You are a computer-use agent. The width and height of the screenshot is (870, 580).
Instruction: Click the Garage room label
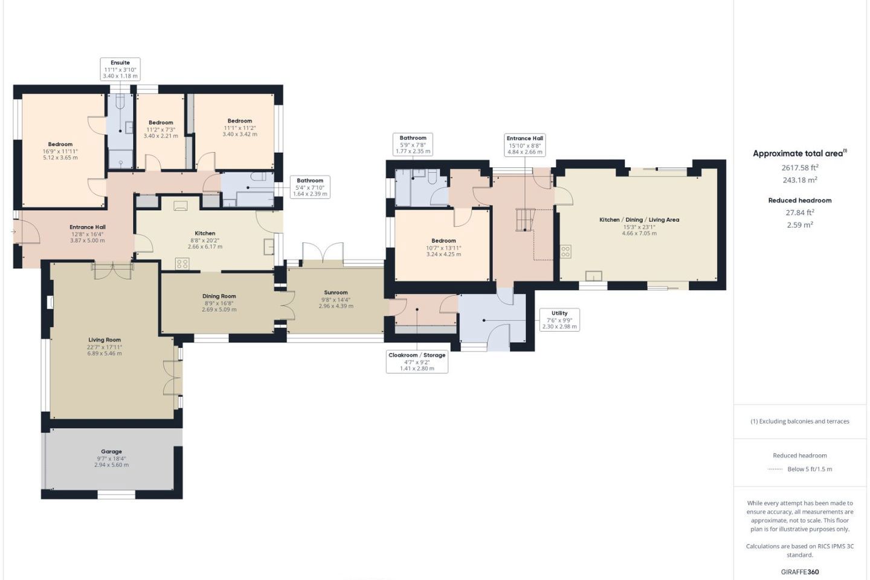click(x=111, y=451)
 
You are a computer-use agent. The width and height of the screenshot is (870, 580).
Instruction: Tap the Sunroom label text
click(x=336, y=292)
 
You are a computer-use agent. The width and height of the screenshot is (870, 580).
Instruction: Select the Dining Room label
click(x=219, y=296)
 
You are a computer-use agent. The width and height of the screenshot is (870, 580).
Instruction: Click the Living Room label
click(x=105, y=340)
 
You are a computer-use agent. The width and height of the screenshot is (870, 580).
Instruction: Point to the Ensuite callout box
click(x=120, y=69)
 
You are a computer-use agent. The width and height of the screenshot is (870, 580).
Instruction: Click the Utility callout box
click(x=559, y=320)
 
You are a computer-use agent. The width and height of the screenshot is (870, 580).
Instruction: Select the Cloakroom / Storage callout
click(x=417, y=362)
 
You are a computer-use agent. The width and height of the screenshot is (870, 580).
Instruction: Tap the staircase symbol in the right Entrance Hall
click(x=525, y=220)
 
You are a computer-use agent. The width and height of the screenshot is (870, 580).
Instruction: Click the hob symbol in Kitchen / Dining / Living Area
click(x=565, y=251)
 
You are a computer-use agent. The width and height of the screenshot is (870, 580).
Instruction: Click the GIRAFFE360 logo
click(x=800, y=572)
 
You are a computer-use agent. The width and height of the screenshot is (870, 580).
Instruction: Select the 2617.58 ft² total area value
click(x=800, y=167)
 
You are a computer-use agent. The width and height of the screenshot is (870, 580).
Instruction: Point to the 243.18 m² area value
click(x=800, y=180)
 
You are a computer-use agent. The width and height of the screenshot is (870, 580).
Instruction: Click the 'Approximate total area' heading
click(x=800, y=153)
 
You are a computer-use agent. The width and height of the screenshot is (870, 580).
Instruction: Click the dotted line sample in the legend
click(x=775, y=469)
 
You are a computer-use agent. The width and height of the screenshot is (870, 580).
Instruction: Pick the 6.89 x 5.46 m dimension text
click(x=105, y=353)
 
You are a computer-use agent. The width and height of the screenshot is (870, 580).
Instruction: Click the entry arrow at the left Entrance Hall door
click(x=13, y=232)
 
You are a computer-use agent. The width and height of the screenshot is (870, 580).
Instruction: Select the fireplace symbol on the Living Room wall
click(x=51, y=302)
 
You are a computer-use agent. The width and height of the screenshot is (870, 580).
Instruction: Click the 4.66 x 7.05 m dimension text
click(x=639, y=233)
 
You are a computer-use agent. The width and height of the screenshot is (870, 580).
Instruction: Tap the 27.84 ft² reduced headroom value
click(x=800, y=213)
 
